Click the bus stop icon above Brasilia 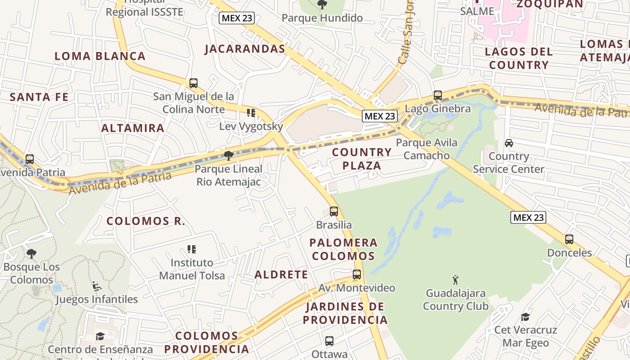tap(333, 211)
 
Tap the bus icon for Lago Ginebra tap(437, 95)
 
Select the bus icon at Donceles tap(569, 239)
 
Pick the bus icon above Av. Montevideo tap(357, 274)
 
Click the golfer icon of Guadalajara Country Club tap(455, 280)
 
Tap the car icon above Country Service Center tap(508, 143)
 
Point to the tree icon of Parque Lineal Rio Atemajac tap(229, 156)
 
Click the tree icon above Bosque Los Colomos tap(31, 254)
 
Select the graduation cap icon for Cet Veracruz tap(525, 317)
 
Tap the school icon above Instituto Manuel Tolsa tap(192, 249)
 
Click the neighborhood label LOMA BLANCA tap(100, 56)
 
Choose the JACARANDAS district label tap(245, 49)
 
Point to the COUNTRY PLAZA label tap(362, 159)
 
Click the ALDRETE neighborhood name tap(281, 274)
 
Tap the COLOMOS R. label tap(145, 221)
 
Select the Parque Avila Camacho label tap(426, 149)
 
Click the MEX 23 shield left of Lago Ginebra tap(380, 116)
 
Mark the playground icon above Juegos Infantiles tap(96, 286)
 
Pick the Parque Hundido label tap(322, 18)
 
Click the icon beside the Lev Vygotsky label tap(251, 113)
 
